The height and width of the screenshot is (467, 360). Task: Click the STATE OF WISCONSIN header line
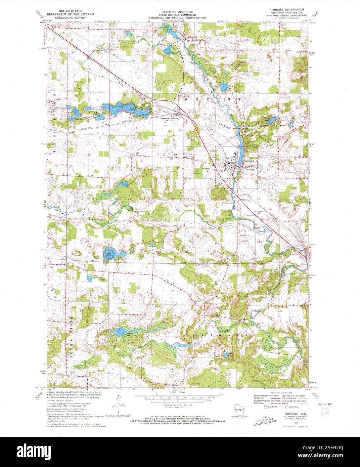pyautogui.click(x=177, y=11)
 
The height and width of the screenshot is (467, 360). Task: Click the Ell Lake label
pyautogui.click(x=79, y=118)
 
